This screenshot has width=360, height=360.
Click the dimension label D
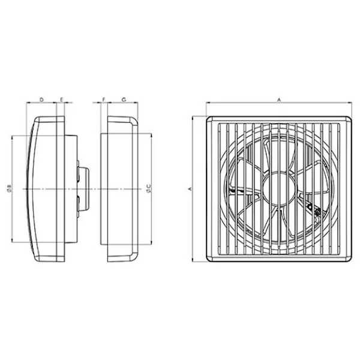[41, 100]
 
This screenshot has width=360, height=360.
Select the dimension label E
[62, 100]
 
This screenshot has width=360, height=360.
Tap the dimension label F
[104, 100]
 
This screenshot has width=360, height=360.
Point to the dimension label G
[124, 100]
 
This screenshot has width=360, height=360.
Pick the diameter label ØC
[149, 188]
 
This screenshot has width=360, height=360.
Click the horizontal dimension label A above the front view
[279, 100]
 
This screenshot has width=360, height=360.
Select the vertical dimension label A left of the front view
[190, 189]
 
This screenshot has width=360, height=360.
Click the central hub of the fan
[278, 189]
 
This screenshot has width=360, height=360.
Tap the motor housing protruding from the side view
[83, 189]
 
